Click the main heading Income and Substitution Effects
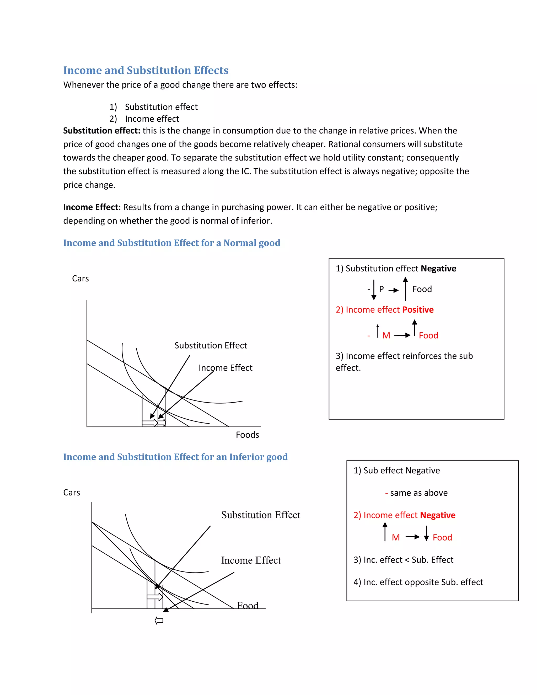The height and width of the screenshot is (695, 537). click(x=146, y=70)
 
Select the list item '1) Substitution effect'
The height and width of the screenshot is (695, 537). click(x=153, y=107)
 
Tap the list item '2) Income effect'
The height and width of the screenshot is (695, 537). click(x=144, y=119)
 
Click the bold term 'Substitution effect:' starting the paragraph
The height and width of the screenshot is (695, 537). click(x=101, y=131)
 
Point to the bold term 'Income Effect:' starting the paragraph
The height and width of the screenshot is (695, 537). click(x=92, y=207)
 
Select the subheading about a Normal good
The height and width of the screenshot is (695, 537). click(x=171, y=243)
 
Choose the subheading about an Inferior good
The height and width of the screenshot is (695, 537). click(x=175, y=457)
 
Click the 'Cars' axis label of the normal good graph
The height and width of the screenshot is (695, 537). click(x=80, y=279)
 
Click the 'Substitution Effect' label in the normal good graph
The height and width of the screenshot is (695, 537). click(x=211, y=346)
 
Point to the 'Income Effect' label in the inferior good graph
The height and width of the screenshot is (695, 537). click(x=251, y=560)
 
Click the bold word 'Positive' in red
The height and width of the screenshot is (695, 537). click(x=418, y=310)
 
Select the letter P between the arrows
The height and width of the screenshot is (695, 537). click(x=382, y=289)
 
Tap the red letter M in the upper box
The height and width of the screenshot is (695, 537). click(x=386, y=335)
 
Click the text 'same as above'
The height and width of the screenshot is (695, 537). click(x=419, y=493)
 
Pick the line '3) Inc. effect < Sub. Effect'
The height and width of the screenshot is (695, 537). click(x=403, y=560)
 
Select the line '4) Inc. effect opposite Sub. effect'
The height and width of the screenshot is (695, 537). click(x=418, y=582)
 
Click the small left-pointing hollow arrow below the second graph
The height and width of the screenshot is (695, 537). click(x=159, y=621)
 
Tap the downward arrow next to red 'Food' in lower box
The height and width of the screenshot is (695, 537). click(x=426, y=534)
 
